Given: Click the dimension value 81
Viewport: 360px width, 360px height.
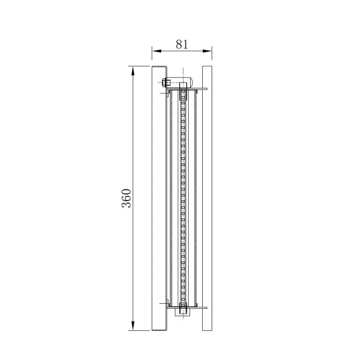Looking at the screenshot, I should tap(183, 44).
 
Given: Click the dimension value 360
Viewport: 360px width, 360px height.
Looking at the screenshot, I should tap(126, 198).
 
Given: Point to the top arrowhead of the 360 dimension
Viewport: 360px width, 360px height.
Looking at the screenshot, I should tap(133, 70).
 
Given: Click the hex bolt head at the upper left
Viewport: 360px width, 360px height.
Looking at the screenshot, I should tap(165, 82).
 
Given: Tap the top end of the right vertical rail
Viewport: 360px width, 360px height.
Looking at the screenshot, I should tap(207, 68).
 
